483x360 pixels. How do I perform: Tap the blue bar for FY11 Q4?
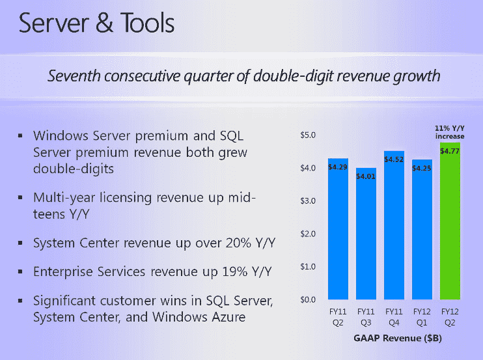tap(394, 228)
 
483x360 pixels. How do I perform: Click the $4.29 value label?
tap(337, 167)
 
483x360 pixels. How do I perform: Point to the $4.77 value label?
tap(450, 151)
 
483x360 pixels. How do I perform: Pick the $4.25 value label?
tap(422, 168)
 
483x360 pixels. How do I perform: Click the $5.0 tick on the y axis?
tap(307, 135)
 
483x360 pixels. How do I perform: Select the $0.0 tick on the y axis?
tap(307, 300)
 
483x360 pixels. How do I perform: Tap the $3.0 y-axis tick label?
tap(307, 201)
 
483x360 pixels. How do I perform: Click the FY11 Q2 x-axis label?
tap(337, 316)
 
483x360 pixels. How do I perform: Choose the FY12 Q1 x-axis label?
tap(422, 316)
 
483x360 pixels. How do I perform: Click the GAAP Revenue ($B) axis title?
tap(393, 339)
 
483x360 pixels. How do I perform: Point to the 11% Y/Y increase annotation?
tap(449, 132)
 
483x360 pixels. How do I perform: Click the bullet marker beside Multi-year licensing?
tap(21, 197)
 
